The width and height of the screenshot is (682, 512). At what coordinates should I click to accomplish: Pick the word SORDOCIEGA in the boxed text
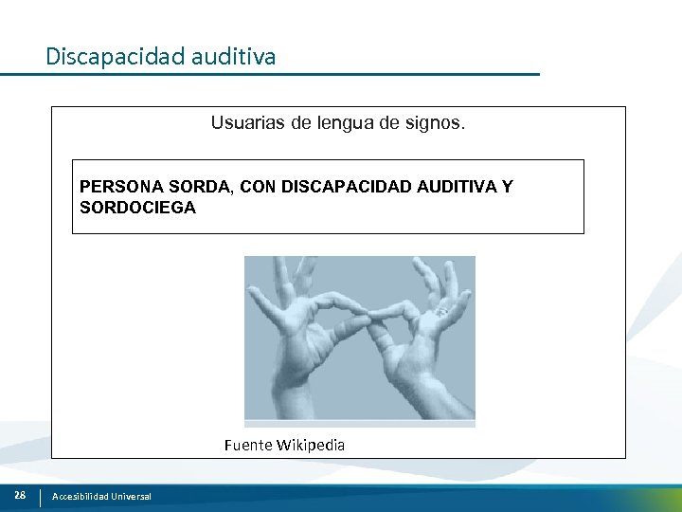pyautogui.click(x=138, y=207)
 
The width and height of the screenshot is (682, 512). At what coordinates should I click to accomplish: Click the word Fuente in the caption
pyautogui.click(x=248, y=445)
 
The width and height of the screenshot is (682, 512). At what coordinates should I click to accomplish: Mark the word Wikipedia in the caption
pyautogui.click(x=311, y=445)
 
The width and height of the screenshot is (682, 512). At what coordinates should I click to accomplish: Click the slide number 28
pyautogui.click(x=20, y=496)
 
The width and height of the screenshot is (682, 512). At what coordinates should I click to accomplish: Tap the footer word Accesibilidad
pyautogui.click(x=81, y=497)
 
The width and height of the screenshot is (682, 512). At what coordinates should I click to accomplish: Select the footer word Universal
pyautogui.click(x=131, y=497)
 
